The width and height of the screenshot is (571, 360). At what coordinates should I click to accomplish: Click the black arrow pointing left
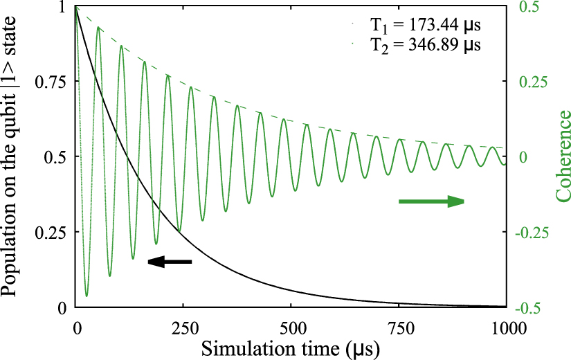point(169,262)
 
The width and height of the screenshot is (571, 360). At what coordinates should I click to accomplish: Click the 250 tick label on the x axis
point(183,326)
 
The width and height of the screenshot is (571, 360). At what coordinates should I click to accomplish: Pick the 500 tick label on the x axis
point(291,326)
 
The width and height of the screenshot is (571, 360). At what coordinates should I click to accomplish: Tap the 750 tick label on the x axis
point(399,326)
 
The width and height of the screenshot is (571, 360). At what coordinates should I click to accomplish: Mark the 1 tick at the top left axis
point(62,7)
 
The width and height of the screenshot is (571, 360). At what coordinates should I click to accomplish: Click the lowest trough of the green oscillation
point(87,296)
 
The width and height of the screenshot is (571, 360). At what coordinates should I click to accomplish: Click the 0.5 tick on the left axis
point(57,156)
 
